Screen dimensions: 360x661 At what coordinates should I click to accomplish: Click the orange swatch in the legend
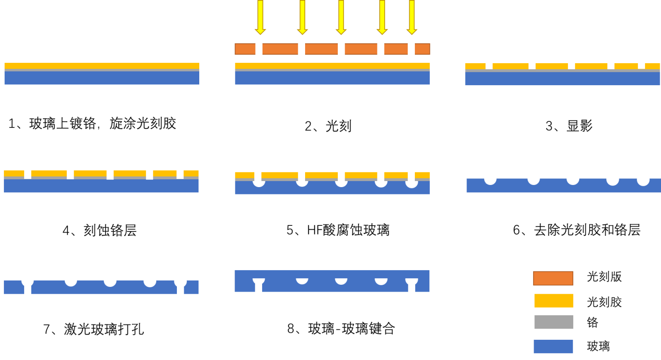pos(553,278)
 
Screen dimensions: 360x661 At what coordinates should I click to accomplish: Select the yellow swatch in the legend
pos(554,301)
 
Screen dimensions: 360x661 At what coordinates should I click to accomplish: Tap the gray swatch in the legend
pos(554,322)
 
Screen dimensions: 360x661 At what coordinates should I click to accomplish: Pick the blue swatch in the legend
pos(553,346)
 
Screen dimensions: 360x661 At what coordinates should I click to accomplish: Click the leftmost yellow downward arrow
pos(260,17)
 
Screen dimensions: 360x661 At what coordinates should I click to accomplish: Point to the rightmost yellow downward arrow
pos(412,17)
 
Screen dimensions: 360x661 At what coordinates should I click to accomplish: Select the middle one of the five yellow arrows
pos(341,17)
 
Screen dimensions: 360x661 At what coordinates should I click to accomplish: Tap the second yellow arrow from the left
pos(303,17)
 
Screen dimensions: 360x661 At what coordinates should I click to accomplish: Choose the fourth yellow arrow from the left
pos(382,17)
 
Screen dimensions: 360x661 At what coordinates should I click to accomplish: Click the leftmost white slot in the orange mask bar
pos(259,48)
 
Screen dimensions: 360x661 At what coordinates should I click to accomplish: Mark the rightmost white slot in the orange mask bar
pos(411,50)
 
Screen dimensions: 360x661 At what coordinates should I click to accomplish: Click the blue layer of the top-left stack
pos(102,78)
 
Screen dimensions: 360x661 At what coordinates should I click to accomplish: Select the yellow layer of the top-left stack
pos(102,66)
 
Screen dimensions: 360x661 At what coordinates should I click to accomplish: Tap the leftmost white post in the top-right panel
pos(489,62)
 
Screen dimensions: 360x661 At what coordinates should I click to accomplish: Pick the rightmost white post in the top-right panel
pos(641,62)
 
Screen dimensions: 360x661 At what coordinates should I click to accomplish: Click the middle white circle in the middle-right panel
pos(573,178)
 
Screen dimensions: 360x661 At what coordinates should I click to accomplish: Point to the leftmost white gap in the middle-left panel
pos(28,171)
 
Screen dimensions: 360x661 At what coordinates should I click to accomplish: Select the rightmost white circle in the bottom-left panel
pos(180,281)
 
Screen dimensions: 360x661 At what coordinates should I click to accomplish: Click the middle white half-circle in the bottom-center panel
pos(341,281)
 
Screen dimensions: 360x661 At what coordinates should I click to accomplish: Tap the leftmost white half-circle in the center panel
pos(259,182)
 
